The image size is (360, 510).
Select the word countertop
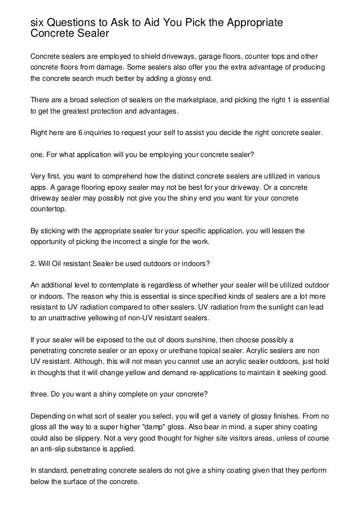click(48, 208)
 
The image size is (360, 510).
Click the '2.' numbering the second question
click(33, 263)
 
